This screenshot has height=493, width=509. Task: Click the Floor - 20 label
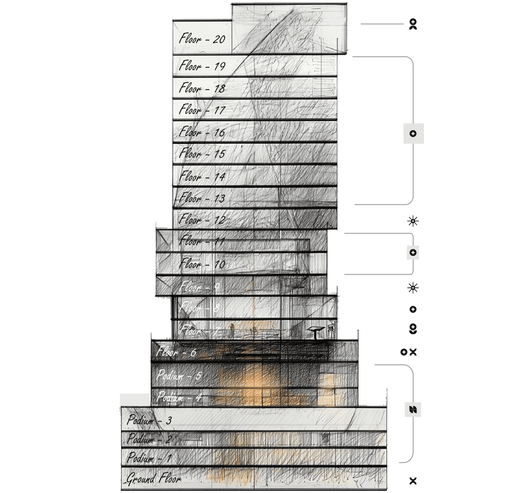[202, 39]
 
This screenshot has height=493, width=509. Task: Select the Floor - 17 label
[202, 110]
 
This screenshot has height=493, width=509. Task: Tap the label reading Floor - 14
[202, 177]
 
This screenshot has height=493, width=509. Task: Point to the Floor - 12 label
[202, 220]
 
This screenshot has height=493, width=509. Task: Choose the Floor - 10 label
[202, 264]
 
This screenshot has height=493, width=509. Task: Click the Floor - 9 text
[199, 287]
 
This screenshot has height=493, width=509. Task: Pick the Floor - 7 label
[199, 330]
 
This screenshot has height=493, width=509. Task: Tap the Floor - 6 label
[176, 352]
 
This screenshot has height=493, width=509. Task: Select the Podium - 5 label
[179, 375]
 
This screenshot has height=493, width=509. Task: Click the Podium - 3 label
[149, 420]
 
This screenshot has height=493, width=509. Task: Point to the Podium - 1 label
[149, 457]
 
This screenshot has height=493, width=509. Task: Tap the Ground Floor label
[153, 479]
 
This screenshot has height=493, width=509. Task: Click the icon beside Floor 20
[413, 24]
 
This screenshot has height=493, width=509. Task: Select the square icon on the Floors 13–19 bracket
[413, 134]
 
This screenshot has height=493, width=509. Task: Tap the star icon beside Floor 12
[413, 221]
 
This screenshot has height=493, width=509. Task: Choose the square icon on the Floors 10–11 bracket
[413, 252]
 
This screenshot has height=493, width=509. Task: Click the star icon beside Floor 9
[413, 287]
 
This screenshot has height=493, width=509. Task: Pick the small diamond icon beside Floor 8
[413, 309]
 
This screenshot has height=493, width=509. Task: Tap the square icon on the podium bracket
[413, 409]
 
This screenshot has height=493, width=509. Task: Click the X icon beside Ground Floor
[413, 480]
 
